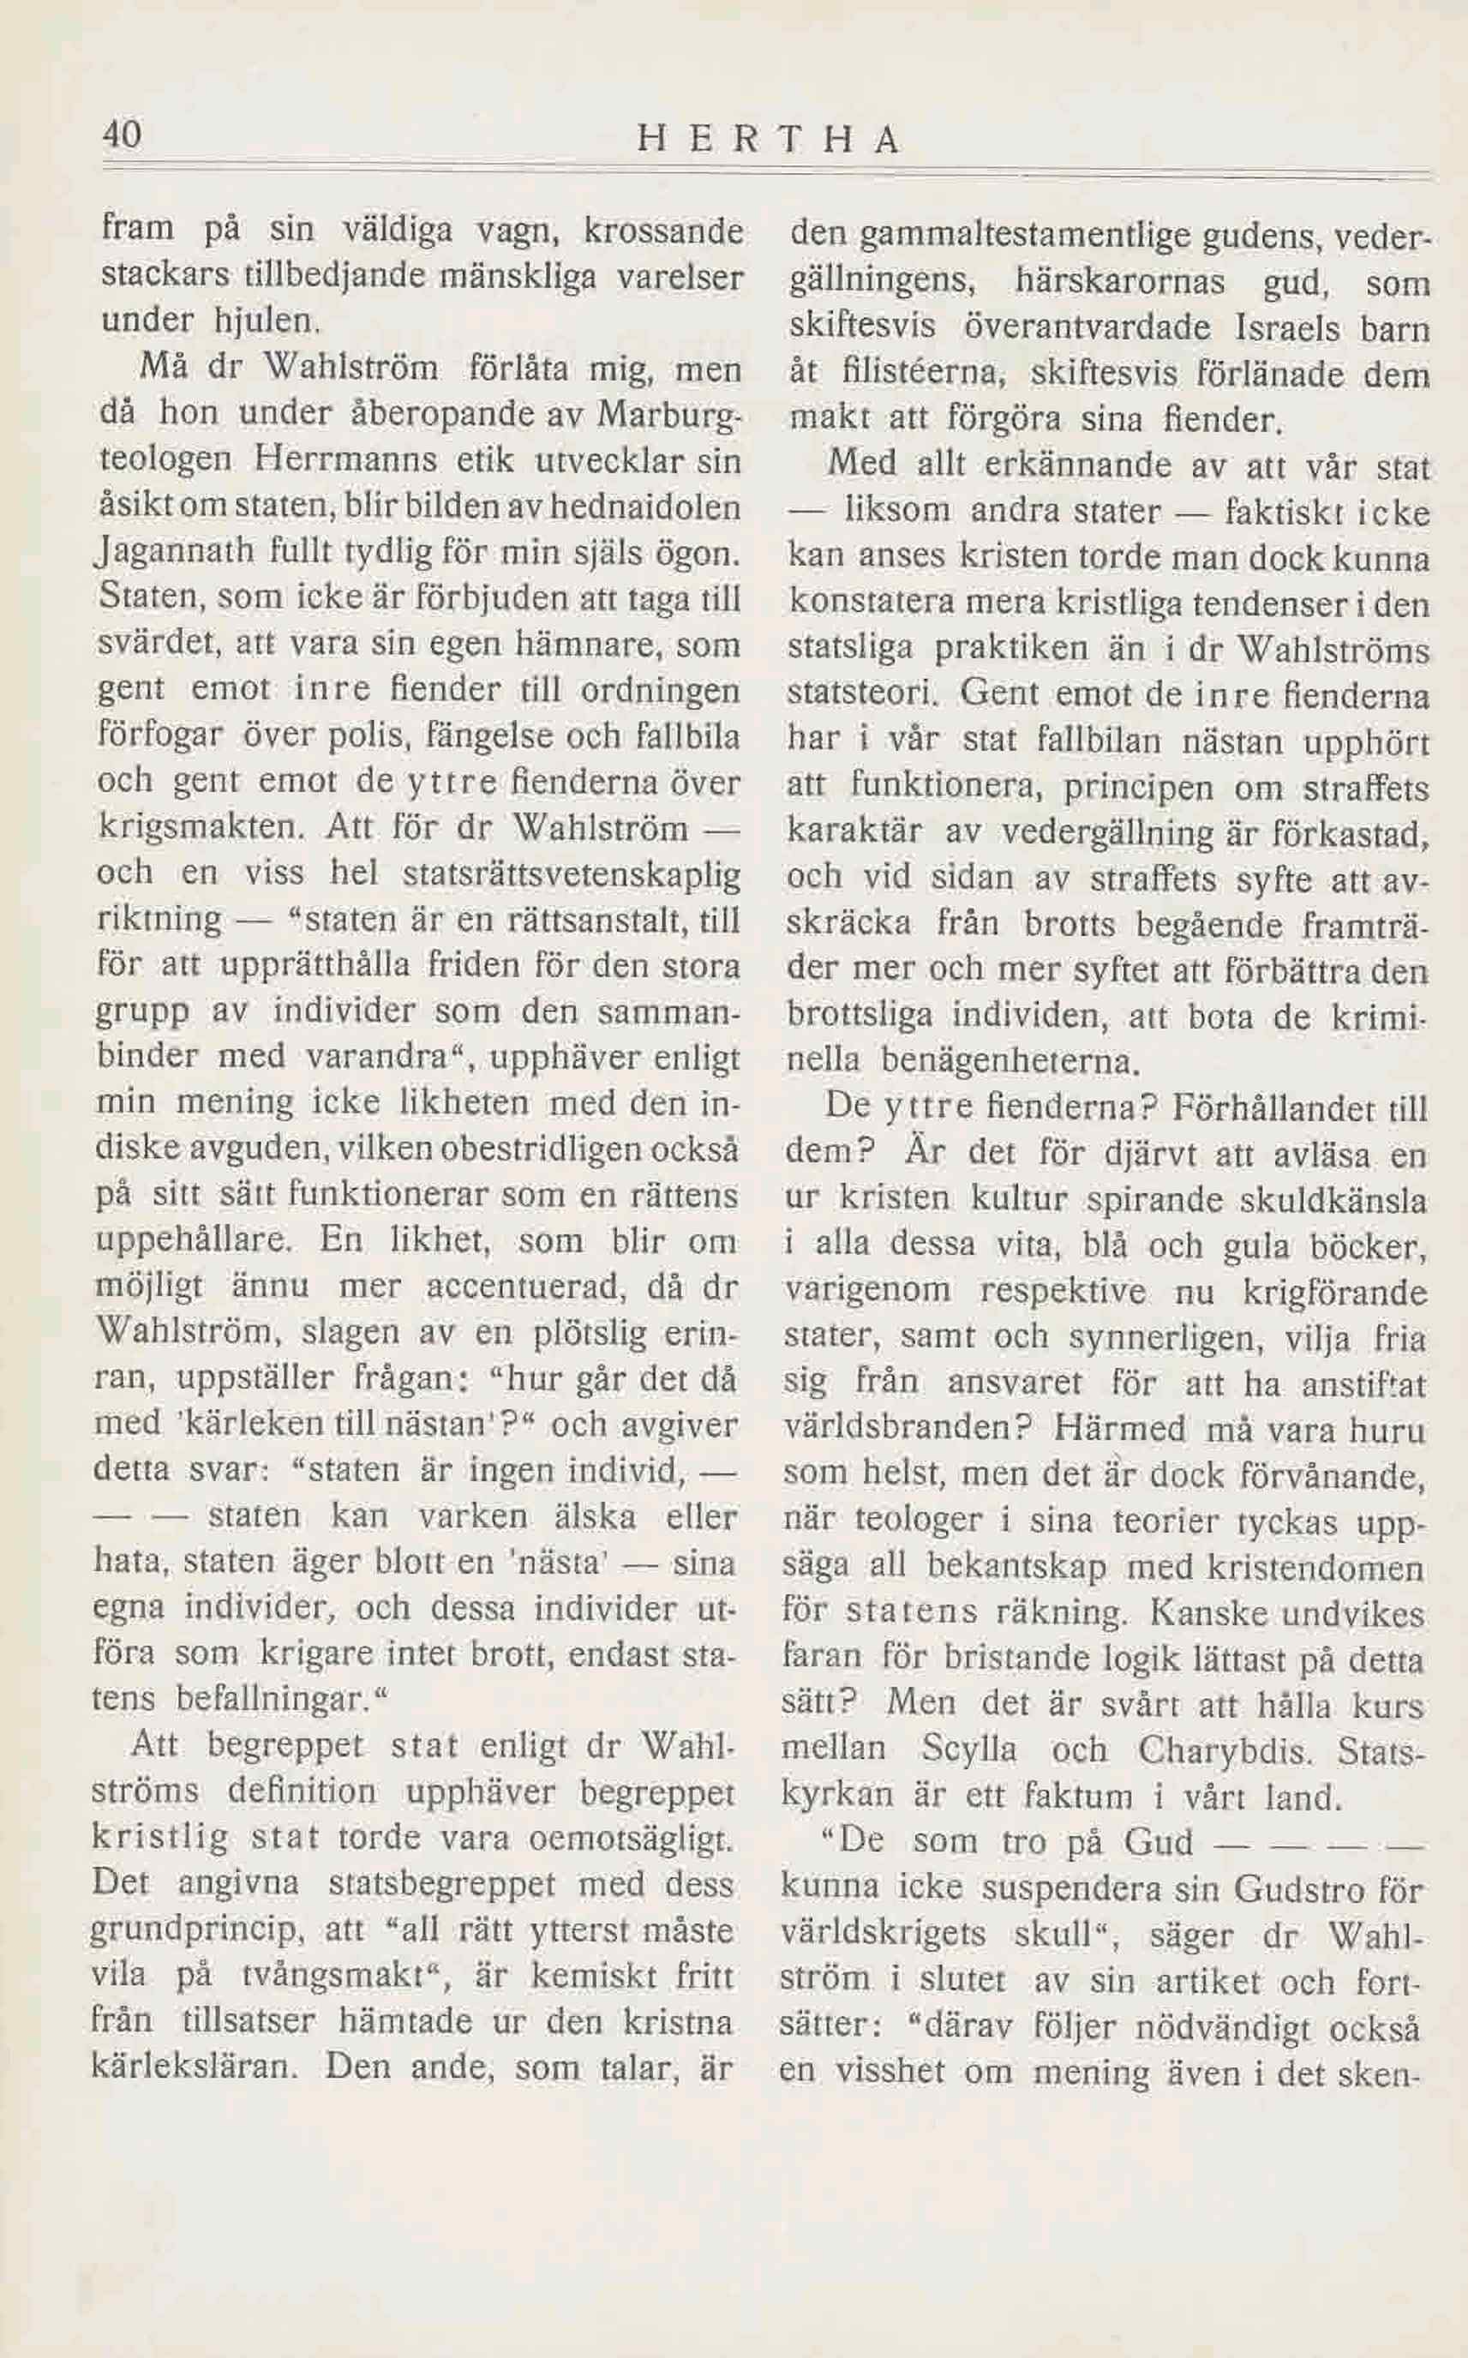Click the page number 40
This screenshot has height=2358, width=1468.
pos(123,134)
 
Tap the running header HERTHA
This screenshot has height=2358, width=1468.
pos(768,141)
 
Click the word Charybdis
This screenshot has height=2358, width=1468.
pos(1227,1749)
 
